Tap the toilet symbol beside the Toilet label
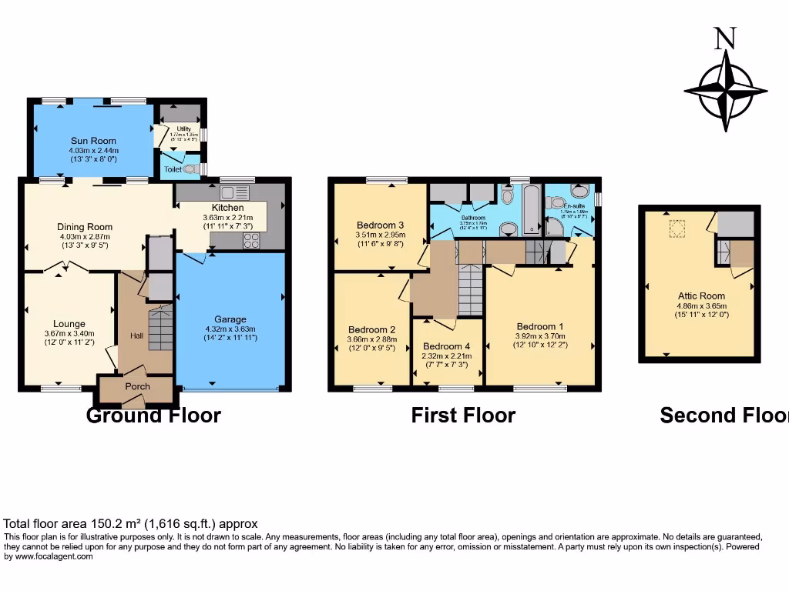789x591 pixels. tap(190, 168)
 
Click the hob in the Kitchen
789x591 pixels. tap(252, 240)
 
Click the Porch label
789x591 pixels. tap(137, 386)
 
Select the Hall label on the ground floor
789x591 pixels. tap(136, 336)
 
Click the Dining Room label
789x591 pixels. tap(85, 227)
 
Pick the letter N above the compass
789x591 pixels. tap(724, 38)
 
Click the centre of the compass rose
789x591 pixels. tap(725, 92)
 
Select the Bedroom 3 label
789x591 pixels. tap(380, 225)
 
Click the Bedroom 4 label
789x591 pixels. tap(447, 346)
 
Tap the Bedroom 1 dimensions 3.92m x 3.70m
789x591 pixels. tap(540, 336)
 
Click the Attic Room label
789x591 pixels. tap(701, 295)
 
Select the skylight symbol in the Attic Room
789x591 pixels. tap(677, 228)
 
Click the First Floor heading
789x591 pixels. tap(463, 416)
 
